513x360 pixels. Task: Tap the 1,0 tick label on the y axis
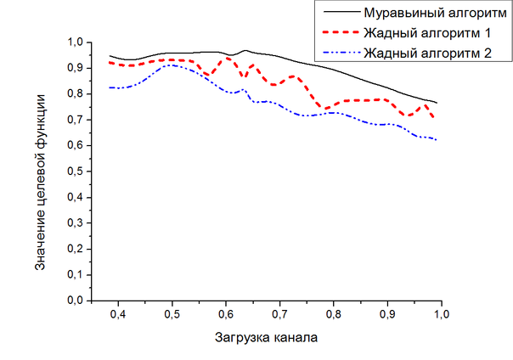coord(75,42)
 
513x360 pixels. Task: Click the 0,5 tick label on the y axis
coord(75,171)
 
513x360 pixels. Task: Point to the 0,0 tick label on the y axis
coord(75,301)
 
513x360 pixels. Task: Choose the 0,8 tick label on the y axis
coord(75,93)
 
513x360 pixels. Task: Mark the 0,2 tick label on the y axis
coord(75,249)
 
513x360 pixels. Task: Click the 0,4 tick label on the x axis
coord(117,315)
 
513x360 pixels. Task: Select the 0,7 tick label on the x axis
coord(279,315)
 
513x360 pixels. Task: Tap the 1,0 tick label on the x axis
coord(442,315)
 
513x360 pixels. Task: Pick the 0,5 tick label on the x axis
coord(172,315)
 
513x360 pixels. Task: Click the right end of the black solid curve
coord(437,103)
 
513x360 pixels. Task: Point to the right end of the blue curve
coord(437,139)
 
